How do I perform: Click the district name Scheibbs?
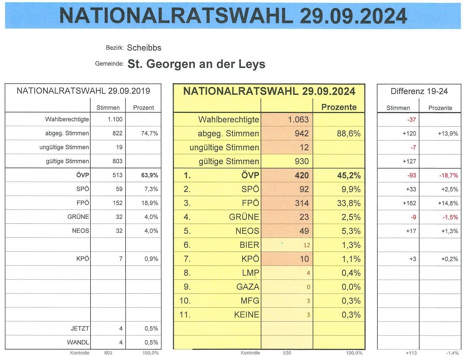144,48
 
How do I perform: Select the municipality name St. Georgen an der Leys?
196,64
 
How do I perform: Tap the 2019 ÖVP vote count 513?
117,175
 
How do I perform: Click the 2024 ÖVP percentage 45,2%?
349,175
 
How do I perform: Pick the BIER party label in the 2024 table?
249,245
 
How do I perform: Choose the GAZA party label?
248,287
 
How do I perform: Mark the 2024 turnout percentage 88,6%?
348,133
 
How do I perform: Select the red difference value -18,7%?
448,175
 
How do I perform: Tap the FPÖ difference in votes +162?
409,203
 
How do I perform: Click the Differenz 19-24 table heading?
419,91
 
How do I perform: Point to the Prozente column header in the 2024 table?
339,107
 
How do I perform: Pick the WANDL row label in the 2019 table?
78,342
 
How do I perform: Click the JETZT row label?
80,328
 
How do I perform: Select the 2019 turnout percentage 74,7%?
149,133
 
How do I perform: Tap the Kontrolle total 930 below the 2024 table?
287,353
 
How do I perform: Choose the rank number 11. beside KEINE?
185,314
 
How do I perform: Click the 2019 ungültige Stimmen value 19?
119,147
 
